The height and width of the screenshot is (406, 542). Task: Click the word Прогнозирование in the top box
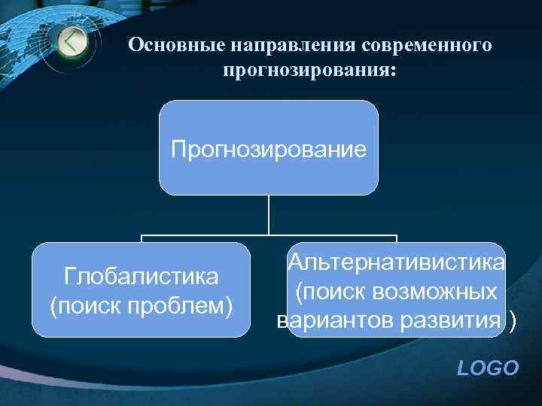269,147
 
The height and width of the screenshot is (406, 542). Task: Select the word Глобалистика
142,277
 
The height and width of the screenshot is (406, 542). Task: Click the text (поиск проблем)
142,305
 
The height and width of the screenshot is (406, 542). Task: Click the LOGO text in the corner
489,368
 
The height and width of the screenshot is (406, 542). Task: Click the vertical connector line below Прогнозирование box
269,214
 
